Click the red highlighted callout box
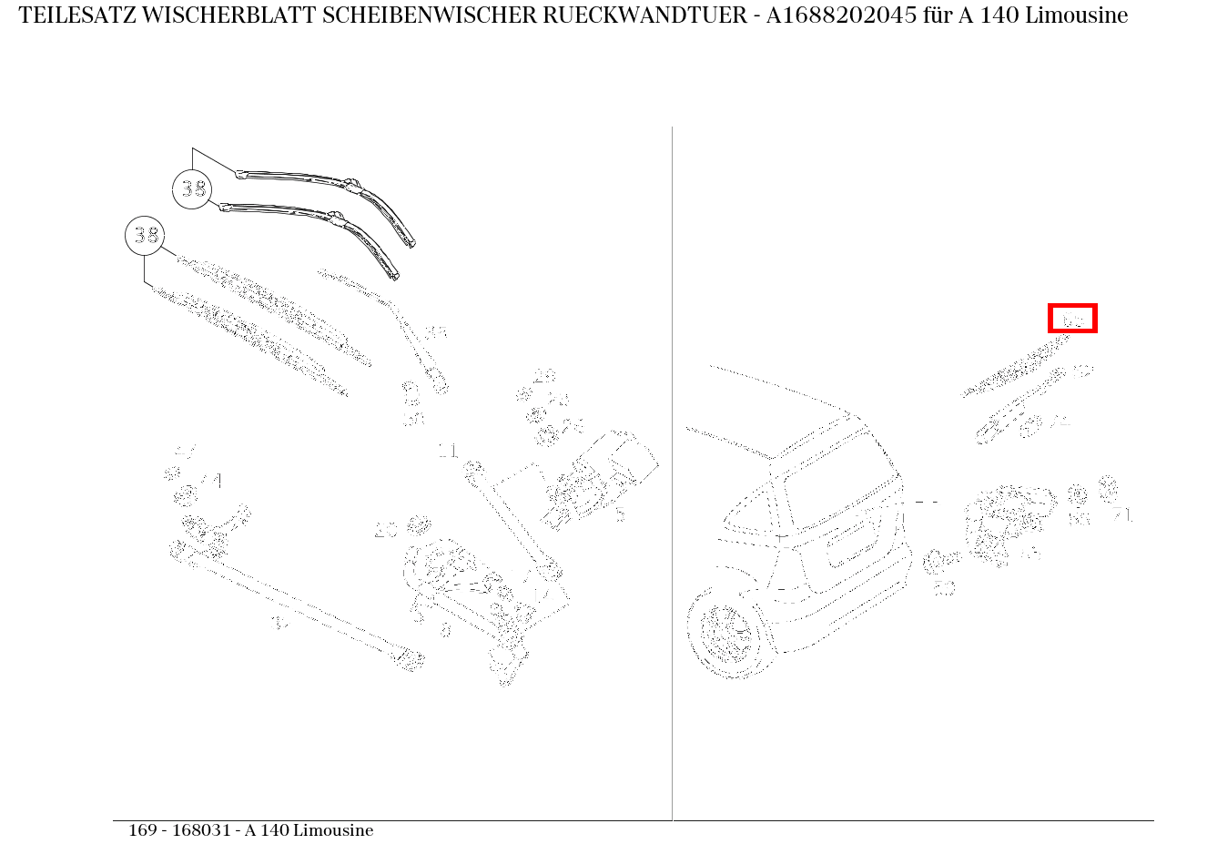click(x=1072, y=319)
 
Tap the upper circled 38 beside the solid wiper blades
click(x=192, y=188)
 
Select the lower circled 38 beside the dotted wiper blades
click(x=145, y=236)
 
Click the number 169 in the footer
click(x=142, y=830)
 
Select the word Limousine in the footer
click(x=333, y=830)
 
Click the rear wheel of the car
click(x=725, y=632)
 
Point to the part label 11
click(x=448, y=451)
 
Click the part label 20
click(x=386, y=531)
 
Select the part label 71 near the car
click(x=1122, y=515)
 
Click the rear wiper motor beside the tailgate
click(x=1006, y=519)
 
